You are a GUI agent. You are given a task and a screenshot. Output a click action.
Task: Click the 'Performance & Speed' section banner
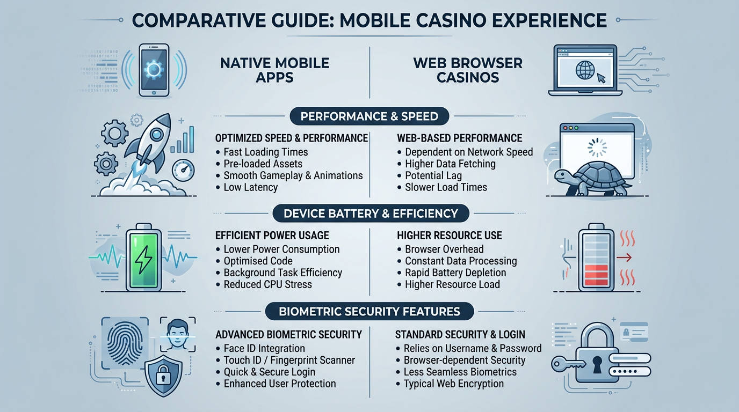[x=369, y=116]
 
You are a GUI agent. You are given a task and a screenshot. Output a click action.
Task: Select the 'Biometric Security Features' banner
[x=369, y=311]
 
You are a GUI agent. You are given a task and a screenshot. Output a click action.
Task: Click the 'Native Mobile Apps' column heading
[x=274, y=70]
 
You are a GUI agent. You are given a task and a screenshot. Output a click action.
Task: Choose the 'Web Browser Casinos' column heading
[x=467, y=70]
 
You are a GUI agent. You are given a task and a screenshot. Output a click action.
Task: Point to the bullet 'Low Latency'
[x=250, y=187]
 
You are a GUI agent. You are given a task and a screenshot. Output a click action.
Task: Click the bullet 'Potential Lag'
[x=433, y=175]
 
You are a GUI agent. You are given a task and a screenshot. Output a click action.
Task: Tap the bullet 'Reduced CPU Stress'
[x=267, y=285]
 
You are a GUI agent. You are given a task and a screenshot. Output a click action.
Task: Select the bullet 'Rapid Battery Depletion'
[x=455, y=273]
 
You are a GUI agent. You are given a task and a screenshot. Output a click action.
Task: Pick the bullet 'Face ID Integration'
[x=264, y=349]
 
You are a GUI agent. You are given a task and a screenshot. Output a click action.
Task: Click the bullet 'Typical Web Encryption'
[x=453, y=384]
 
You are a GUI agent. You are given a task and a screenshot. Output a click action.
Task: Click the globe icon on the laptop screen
[x=585, y=70]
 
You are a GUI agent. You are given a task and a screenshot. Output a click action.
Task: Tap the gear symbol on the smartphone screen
[x=154, y=69]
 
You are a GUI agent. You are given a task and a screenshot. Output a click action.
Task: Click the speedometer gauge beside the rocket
[x=183, y=172]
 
